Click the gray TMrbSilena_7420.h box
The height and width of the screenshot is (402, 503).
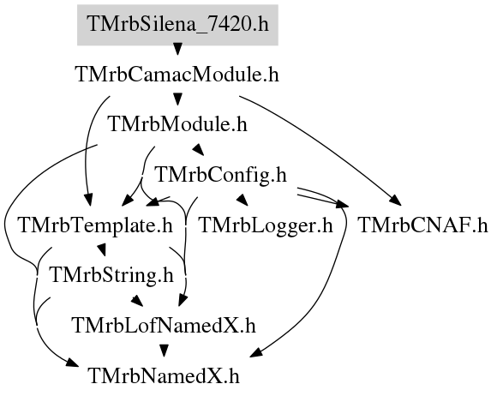click(177, 25)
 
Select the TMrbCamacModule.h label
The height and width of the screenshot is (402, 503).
click(177, 75)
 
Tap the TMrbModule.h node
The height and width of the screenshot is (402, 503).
click(178, 124)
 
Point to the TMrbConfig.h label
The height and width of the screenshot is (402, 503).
click(221, 175)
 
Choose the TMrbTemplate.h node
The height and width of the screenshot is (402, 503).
click(96, 225)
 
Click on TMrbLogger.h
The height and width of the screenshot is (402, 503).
click(266, 225)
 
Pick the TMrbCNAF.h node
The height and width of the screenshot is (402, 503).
click(422, 225)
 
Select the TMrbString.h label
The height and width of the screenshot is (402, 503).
click(112, 275)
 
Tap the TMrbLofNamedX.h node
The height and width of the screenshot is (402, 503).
click(165, 326)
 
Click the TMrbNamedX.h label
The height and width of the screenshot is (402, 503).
click(164, 376)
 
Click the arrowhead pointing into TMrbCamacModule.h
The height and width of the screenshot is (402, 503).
click(177, 49)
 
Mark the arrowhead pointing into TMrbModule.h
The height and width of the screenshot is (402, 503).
click(177, 99)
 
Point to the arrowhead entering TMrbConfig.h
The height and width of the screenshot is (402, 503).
click(198, 149)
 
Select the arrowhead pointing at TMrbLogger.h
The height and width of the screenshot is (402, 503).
click(243, 200)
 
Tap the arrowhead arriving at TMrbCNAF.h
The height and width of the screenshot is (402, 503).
click(396, 200)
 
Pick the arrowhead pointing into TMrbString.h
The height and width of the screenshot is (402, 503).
click(101, 249)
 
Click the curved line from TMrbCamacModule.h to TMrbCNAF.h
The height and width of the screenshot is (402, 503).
click(324, 143)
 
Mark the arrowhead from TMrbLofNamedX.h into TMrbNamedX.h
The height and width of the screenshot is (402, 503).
click(165, 351)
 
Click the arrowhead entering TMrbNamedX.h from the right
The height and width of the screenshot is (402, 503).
click(256, 352)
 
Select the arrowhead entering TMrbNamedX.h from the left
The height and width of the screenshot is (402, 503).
click(72, 363)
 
